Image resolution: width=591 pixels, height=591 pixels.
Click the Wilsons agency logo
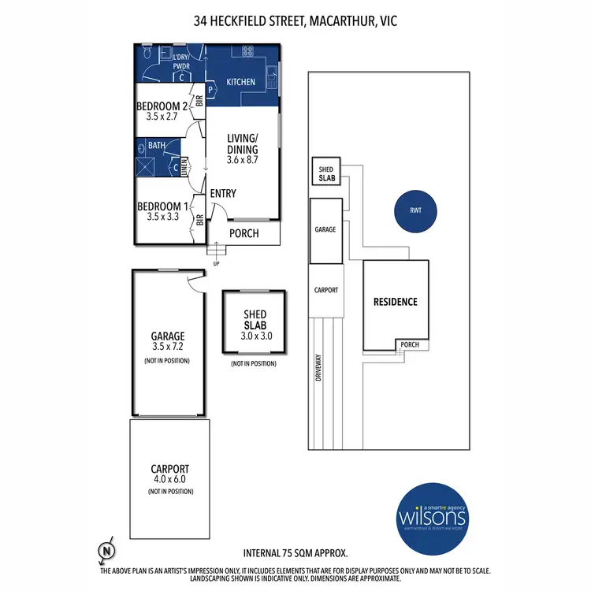[432, 515]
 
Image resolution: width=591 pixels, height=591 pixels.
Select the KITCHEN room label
[240, 82]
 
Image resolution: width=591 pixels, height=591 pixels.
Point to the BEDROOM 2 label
[162, 106]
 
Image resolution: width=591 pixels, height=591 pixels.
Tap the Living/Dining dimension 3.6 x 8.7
[243, 159]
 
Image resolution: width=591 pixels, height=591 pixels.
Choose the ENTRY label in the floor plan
[223, 194]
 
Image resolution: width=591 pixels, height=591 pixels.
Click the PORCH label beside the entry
[243, 233]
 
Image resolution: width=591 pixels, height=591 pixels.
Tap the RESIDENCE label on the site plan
[396, 302]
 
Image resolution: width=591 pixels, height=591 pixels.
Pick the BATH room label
[156, 145]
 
